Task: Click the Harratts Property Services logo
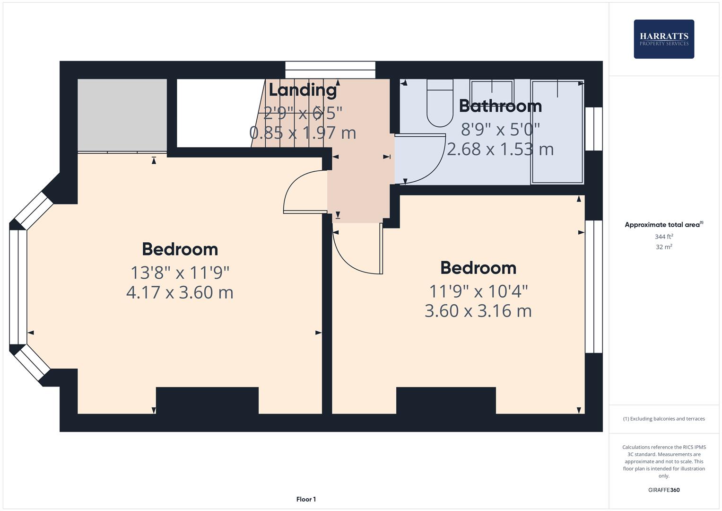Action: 663,39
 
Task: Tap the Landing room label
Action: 303,89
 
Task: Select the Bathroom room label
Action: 500,106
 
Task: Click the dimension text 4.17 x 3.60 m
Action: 180,292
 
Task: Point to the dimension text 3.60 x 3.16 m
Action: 478,311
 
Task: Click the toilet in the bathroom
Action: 440,104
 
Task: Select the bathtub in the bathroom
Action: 557,132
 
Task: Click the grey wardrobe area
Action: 122,115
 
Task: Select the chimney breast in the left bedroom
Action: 207,400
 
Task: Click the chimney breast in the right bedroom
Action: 446,400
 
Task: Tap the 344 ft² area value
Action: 664,237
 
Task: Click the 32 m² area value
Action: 664,247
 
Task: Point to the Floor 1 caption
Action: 306,499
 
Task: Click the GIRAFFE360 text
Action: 664,490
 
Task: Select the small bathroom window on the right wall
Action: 594,129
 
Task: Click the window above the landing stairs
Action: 330,70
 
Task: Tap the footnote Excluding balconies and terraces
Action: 664,419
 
